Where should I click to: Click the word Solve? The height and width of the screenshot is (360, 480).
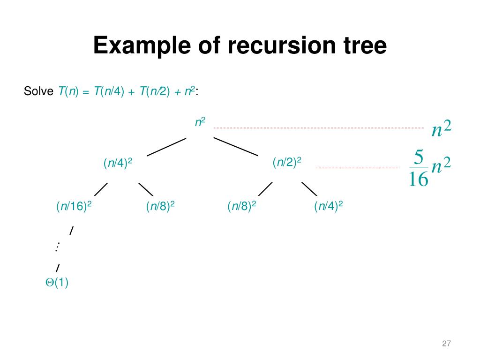(39, 91)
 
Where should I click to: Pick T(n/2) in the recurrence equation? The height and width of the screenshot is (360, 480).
(154, 91)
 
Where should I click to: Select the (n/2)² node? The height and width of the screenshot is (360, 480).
(287, 163)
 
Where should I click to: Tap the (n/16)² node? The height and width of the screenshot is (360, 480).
(74, 206)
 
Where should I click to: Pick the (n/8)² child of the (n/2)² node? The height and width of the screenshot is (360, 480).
(242, 206)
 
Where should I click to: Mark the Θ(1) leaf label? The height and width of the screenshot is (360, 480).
(57, 283)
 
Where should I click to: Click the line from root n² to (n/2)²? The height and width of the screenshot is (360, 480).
(236, 146)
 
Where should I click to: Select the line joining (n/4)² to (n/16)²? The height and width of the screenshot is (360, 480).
(101, 189)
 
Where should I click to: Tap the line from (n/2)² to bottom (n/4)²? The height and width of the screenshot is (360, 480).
(309, 189)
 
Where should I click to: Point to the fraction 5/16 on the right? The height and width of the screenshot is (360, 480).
(418, 168)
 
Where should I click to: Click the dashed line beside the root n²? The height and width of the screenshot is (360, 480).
(319, 127)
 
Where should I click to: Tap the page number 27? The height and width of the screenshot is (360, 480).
(446, 344)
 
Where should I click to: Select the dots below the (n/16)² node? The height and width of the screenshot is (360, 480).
(58, 247)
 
